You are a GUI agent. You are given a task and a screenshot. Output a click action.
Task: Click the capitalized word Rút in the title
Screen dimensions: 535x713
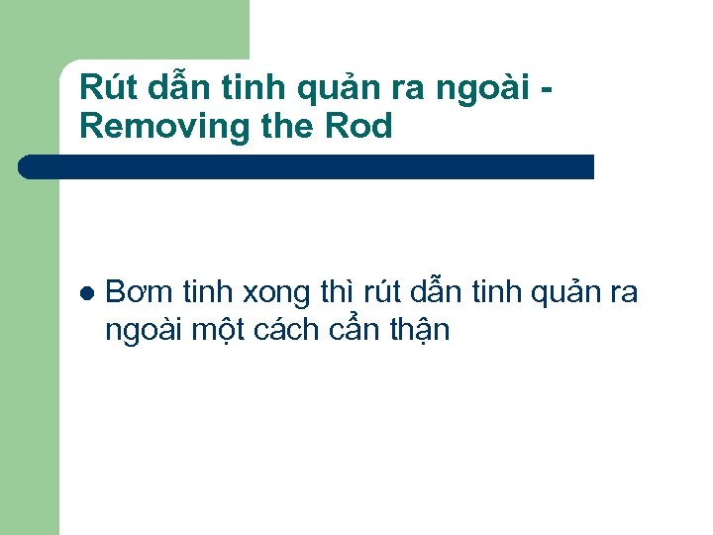point(105,88)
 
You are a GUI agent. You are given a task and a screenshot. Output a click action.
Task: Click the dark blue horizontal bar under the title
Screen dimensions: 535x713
point(307,166)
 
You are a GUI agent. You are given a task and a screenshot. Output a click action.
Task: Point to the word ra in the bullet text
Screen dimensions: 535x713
point(625,294)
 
